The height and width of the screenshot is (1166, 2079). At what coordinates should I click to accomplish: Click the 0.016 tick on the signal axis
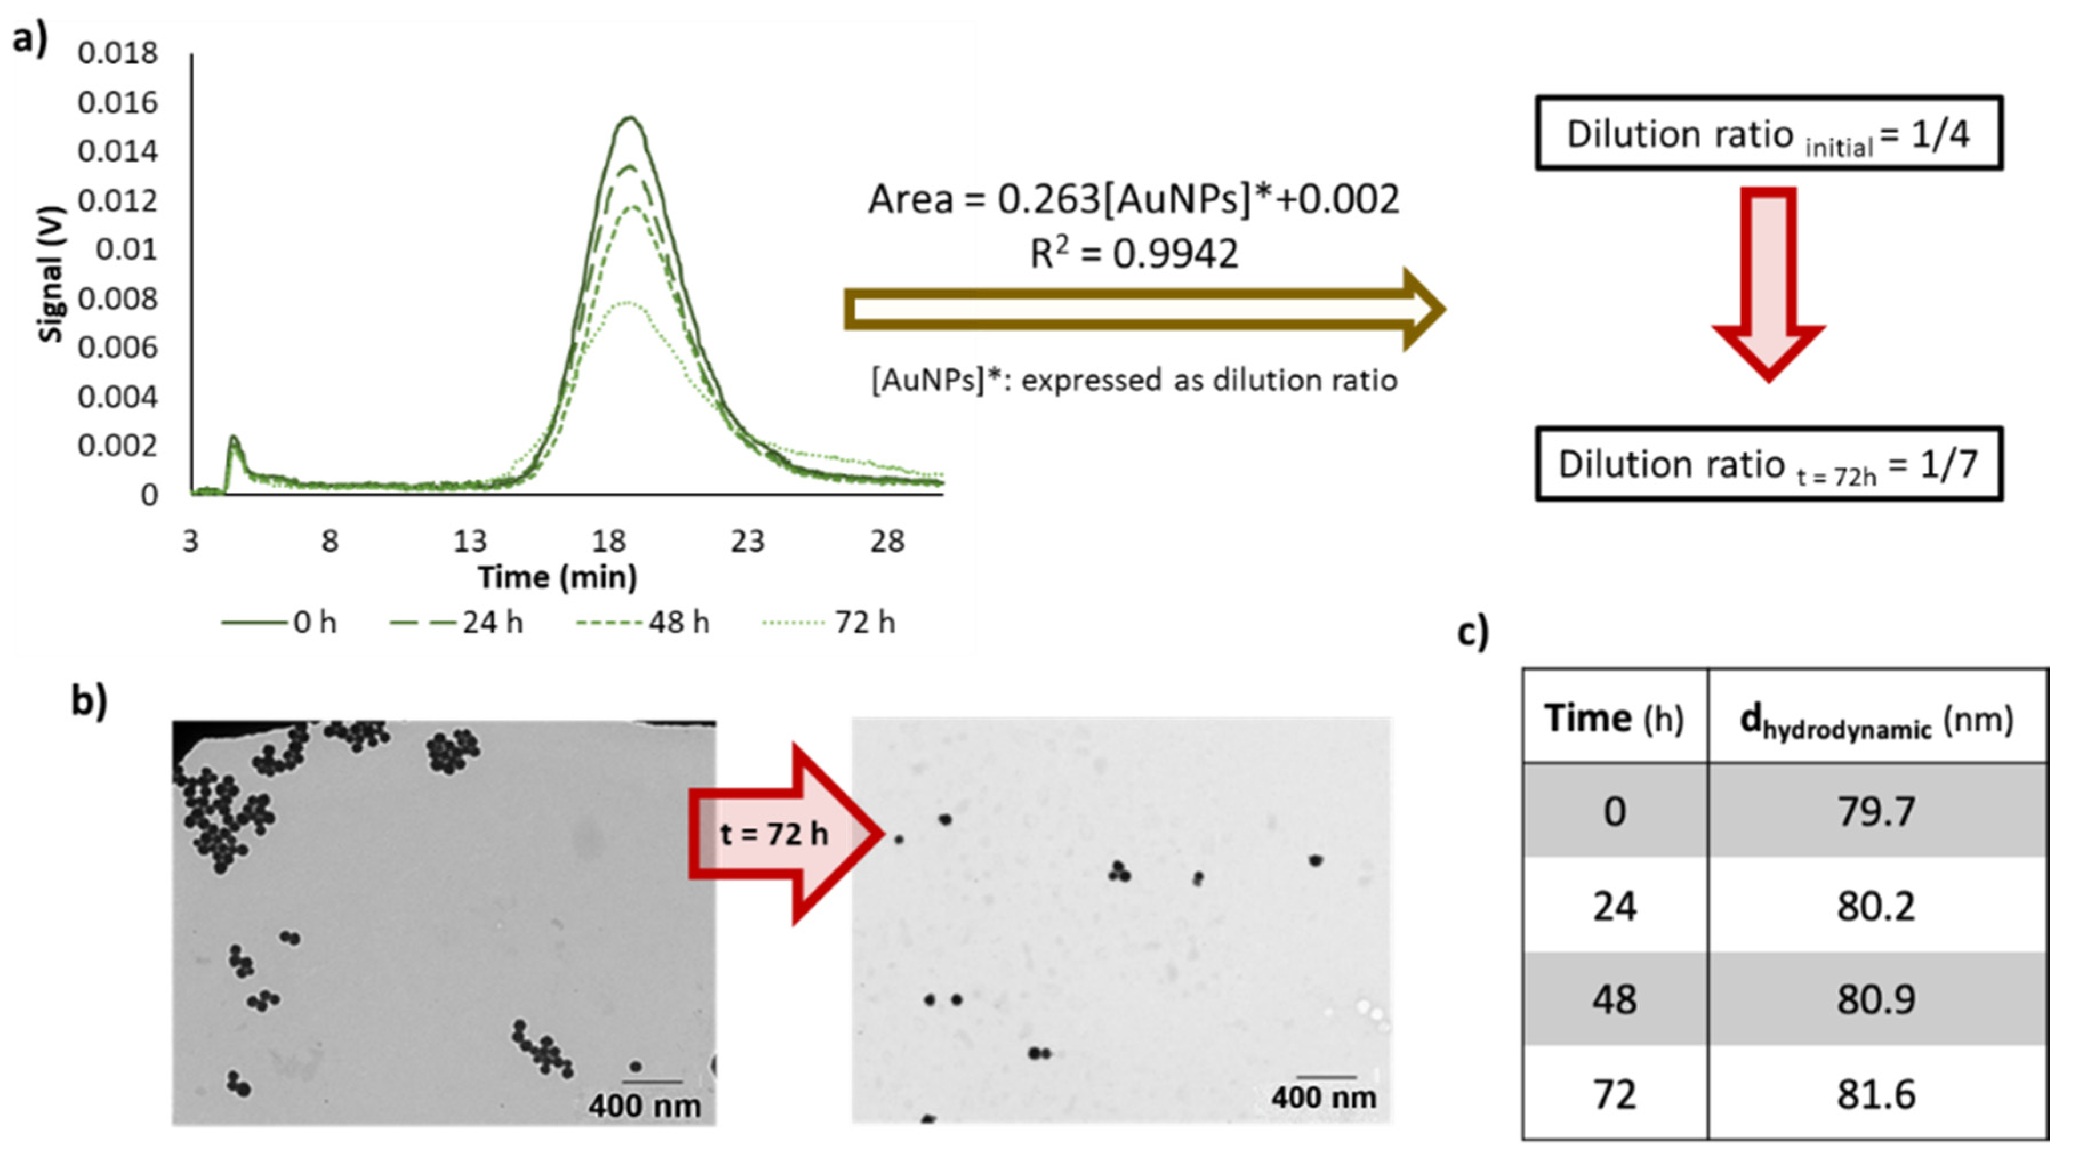pos(118,103)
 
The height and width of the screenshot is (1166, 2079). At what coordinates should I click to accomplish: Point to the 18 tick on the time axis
pos(609,542)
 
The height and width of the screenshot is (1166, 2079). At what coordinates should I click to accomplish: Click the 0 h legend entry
pos(279,623)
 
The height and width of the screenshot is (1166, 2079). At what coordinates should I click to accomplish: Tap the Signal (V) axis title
pos(50,275)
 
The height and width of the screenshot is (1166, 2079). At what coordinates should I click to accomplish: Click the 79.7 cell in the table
pos(1876,811)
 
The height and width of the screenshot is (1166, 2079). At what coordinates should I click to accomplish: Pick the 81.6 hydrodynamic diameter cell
pos(1876,1094)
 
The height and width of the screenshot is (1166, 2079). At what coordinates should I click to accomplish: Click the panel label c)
pos(1474,632)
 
